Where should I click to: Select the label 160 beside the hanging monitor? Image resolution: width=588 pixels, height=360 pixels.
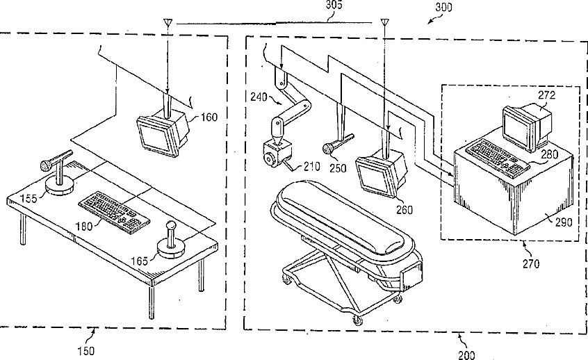(x=209, y=117)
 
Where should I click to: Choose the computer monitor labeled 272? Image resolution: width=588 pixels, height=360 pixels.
(x=521, y=124)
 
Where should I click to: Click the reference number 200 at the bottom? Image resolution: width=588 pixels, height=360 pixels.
(x=467, y=354)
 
